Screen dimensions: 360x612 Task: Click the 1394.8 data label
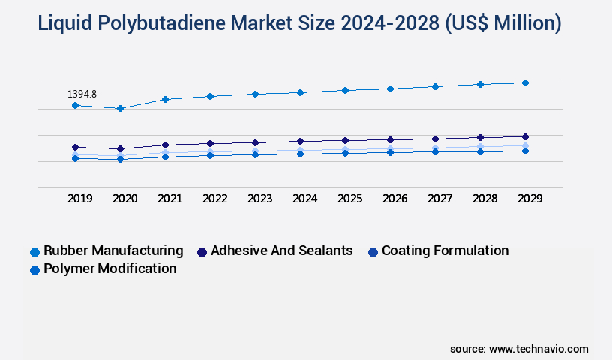click(x=82, y=94)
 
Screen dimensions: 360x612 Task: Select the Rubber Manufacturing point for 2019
click(x=75, y=106)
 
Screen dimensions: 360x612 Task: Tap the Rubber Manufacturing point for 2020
click(x=120, y=109)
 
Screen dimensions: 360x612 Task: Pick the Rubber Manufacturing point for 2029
click(x=525, y=82)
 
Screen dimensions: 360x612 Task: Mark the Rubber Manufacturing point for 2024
click(x=300, y=92)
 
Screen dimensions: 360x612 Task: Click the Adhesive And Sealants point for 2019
click(x=75, y=148)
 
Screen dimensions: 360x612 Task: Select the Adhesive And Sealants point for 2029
click(x=525, y=136)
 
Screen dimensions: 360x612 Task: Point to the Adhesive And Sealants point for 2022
click(x=210, y=143)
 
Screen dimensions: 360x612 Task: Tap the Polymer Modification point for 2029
click(x=525, y=151)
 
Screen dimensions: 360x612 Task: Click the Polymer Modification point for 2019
click(x=75, y=158)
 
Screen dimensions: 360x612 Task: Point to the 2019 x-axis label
click(x=79, y=199)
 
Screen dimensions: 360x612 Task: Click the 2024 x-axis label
click(x=304, y=199)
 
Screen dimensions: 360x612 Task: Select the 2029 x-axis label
click(x=529, y=199)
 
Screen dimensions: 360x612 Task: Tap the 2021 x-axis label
click(x=169, y=199)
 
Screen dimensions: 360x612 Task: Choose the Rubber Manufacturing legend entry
click(x=112, y=250)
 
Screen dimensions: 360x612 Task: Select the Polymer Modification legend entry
click(x=109, y=268)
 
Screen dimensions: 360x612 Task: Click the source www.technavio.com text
click(x=519, y=349)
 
